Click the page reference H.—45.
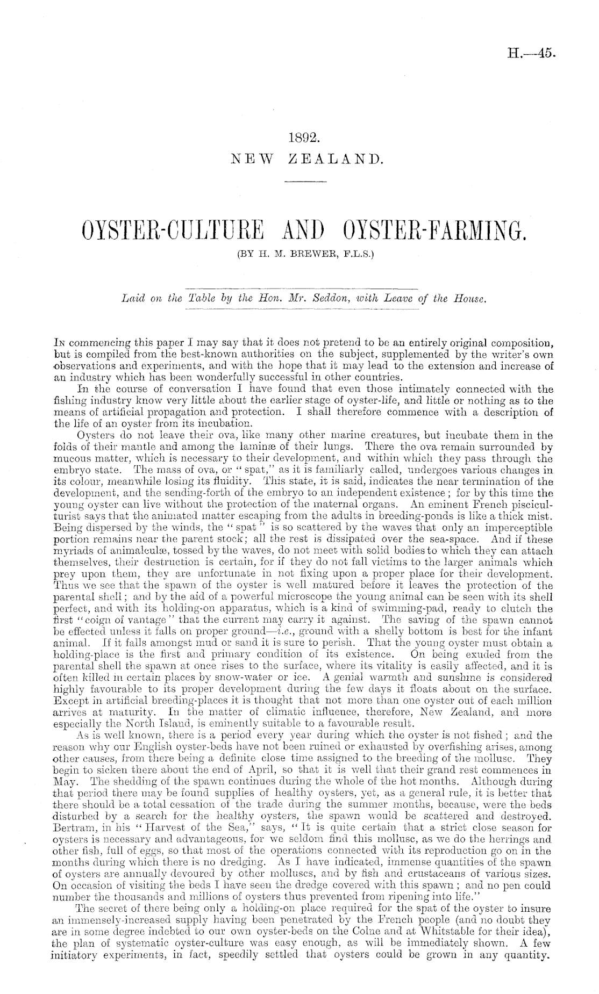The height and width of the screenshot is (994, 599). [x=530, y=53]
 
